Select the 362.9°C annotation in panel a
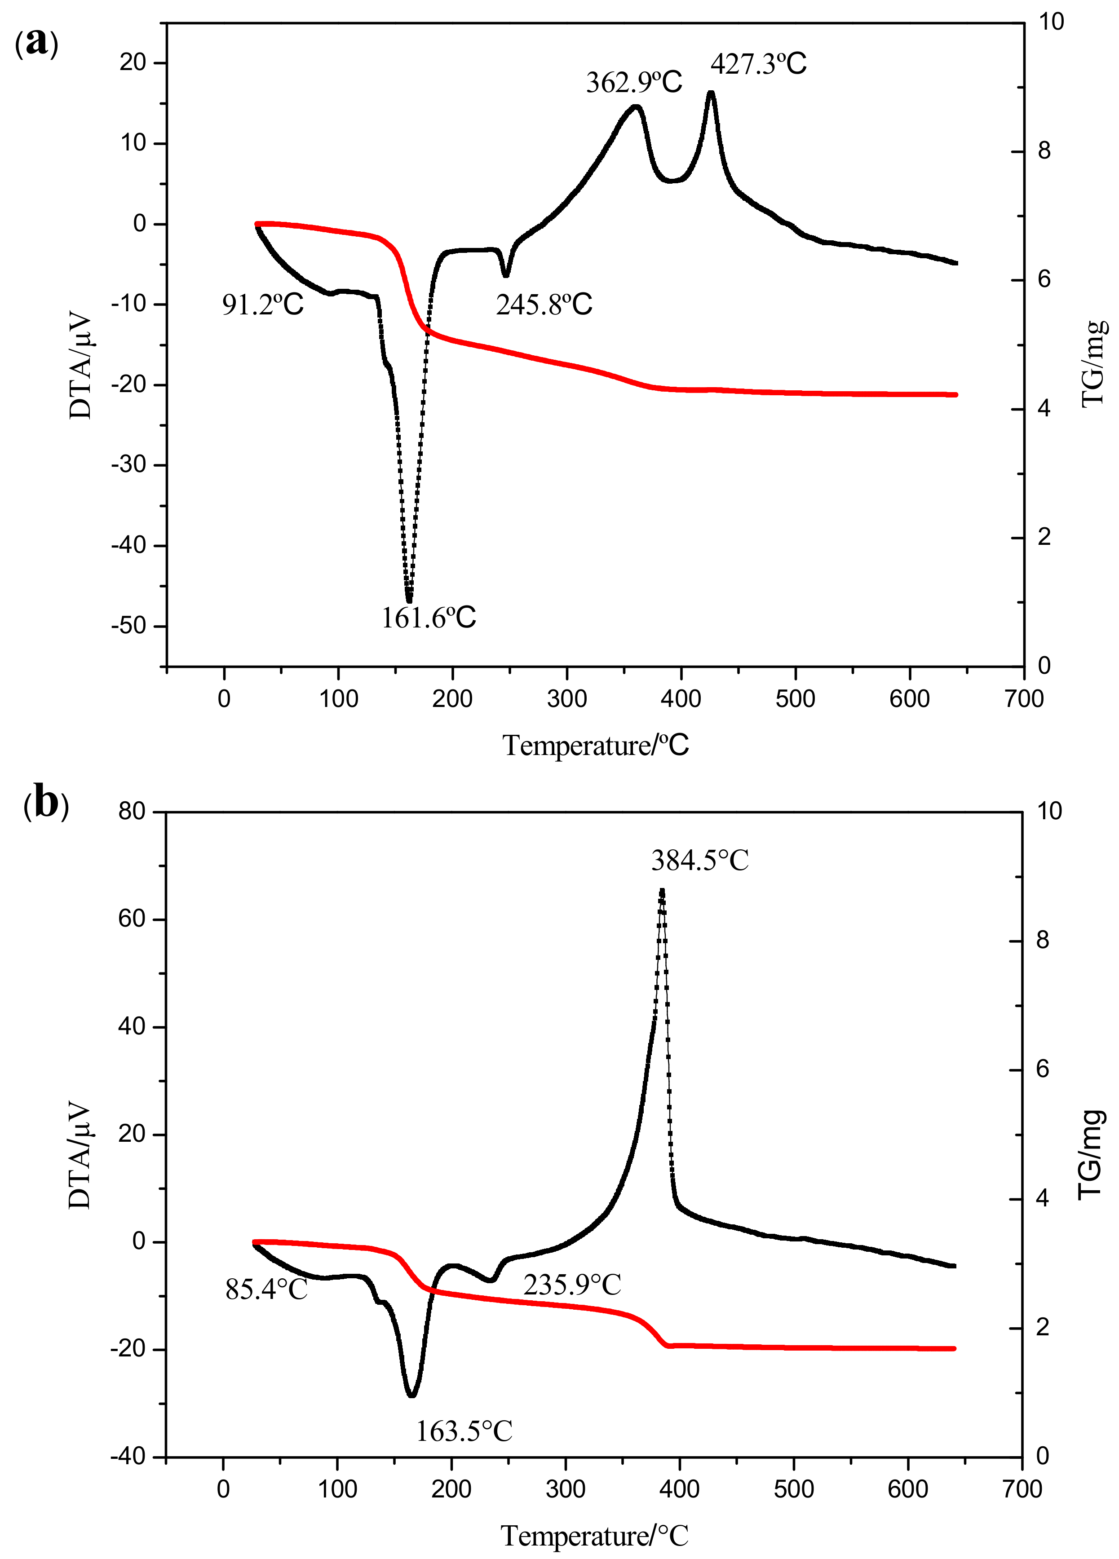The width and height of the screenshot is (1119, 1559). pos(634,83)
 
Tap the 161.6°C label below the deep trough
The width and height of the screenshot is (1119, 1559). pos(428,618)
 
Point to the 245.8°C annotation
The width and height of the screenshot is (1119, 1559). pos(544,305)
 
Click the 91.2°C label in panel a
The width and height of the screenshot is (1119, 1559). pos(262,305)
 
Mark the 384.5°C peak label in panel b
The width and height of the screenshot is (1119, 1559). pos(700,861)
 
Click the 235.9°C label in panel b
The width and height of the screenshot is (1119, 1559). pos(572,1284)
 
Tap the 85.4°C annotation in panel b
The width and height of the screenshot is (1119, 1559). pos(267,1290)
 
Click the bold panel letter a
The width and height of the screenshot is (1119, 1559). pos(36,43)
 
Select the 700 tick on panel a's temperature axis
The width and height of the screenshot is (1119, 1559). pos(1023,699)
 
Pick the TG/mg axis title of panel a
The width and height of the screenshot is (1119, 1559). pos(1093,364)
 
